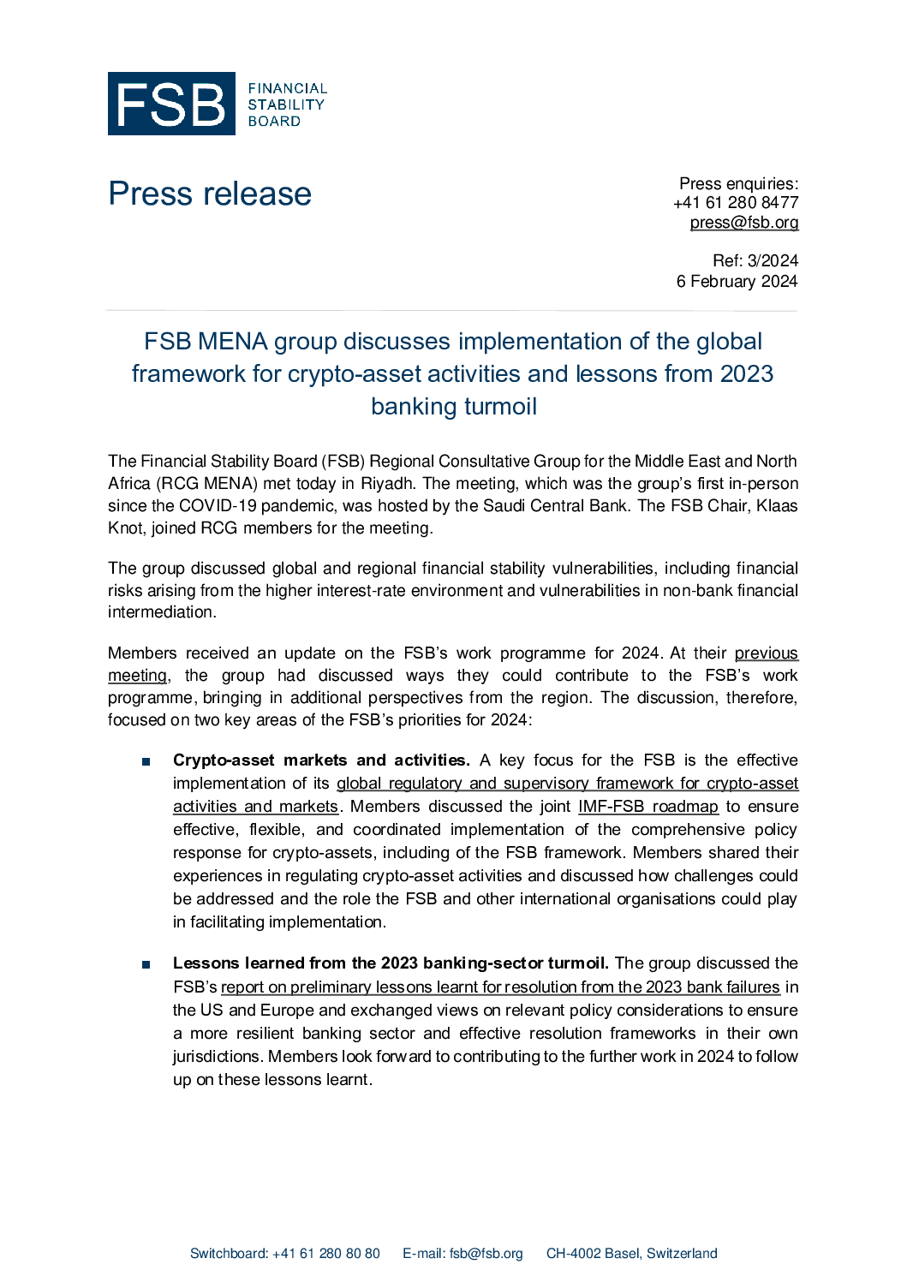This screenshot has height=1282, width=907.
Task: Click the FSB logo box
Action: click(171, 104)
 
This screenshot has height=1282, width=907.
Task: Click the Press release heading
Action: click(210, 194)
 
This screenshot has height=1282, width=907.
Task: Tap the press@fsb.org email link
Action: click(744, 223)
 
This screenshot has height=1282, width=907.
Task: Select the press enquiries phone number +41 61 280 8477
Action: click(736, 203)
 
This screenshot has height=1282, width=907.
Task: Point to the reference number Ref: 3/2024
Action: click(755, 260)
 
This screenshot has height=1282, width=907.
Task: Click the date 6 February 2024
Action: click(737, 281)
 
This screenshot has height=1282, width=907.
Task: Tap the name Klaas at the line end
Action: click(777, 506)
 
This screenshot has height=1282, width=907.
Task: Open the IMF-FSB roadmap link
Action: click(648, 807)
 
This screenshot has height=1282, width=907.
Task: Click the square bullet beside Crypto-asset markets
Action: click(146, 761)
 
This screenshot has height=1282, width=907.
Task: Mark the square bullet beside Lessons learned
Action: click(146, 964)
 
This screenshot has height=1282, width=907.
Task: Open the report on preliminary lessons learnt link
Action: click(500, 987)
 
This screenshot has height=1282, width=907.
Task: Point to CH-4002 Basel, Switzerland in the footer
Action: click(632, 1254)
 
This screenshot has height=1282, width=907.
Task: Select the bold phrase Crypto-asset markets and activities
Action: click(321, 760)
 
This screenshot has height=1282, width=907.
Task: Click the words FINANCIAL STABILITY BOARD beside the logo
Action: click(287, 104)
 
